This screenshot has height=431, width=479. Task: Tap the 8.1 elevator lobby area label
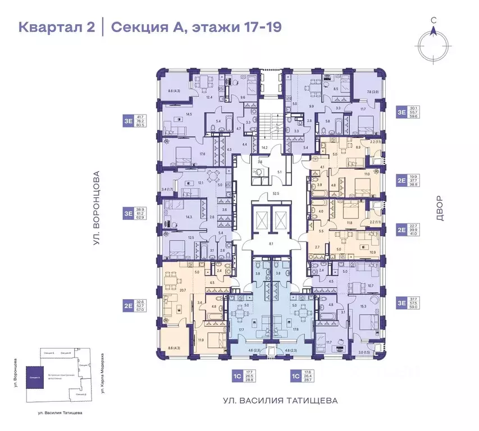click(x=271, y=244)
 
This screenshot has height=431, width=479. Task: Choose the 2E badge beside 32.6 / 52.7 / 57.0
click(x=128, y=306)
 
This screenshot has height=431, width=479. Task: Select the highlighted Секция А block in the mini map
click(x=35, y=378)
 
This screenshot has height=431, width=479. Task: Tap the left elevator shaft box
click(x=261, y=221)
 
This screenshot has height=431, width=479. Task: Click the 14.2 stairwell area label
click(x=264, y=148)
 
